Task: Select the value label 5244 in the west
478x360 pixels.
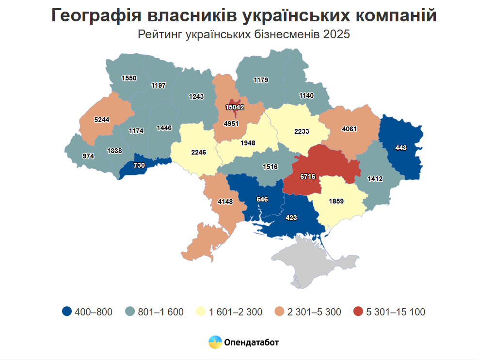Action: click(101, 119)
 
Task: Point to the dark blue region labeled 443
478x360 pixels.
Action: click(400, 148)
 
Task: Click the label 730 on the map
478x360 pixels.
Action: click(139, 165)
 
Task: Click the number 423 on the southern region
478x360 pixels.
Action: click(291, 218)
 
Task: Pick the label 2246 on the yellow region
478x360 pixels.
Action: click(199, 152)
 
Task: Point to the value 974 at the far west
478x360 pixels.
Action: click(88, 156)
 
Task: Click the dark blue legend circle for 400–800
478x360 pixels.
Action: click(67, 312)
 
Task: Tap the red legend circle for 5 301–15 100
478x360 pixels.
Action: click(358, 312)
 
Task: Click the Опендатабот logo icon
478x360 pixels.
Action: click(215, 343)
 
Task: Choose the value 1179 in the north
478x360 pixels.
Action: click(261, 80)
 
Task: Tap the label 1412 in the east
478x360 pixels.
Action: click(375, 179)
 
